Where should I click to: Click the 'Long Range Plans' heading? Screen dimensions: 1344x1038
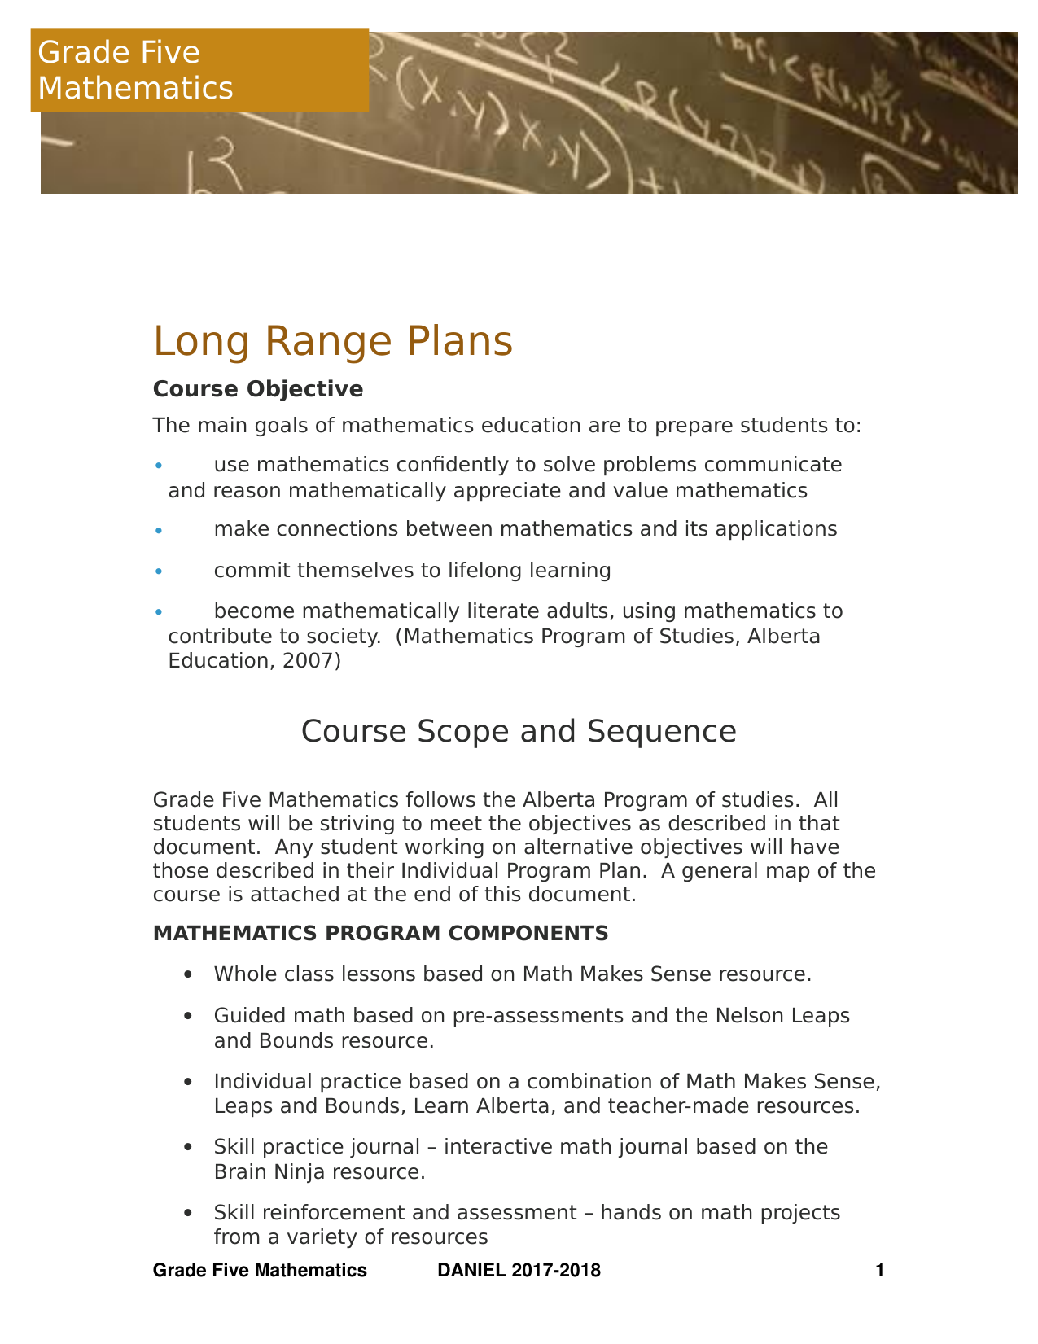click(332, 341)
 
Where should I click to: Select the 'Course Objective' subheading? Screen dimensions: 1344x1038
click(257, 389)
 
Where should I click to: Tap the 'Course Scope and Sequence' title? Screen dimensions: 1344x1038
click(519, 731)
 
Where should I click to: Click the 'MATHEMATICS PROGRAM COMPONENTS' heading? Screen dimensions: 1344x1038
click(380, 933)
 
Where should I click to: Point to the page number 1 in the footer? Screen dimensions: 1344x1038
click(878, 1271)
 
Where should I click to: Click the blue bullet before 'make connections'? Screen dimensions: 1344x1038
click(160, 531)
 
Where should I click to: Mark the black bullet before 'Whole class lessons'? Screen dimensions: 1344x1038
click(189, 974)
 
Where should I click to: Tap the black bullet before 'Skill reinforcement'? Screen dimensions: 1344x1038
click(189, 1214)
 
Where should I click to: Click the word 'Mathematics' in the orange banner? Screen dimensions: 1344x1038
click(135, 88)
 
